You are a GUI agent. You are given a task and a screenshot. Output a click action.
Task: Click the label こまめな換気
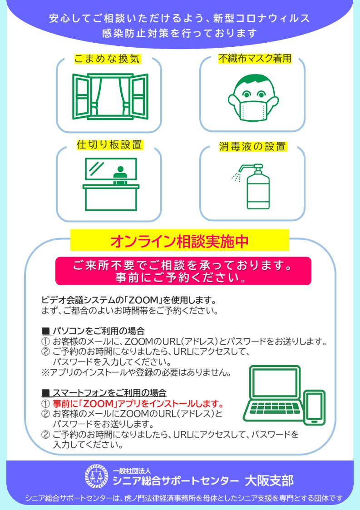(x=107, y=59)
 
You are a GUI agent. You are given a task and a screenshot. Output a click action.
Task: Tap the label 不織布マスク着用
(x=255, y=58)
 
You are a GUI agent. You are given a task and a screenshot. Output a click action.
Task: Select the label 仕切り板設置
(x=109, y=144)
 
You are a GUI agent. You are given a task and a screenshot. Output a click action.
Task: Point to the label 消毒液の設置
(x=253, y=146)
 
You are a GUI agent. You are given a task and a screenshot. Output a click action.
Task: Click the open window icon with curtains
(x=110, y=97)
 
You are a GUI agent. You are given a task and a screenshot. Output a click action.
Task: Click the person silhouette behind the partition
(x=120, y=175)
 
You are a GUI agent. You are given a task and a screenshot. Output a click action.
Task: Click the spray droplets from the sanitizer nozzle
(x=236, y=177)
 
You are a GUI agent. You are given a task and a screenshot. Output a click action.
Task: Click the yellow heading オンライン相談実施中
(x=179, y=241)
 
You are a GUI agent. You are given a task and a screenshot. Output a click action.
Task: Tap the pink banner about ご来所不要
(x=183, y=271)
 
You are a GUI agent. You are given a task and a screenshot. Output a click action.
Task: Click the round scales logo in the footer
(x=96, y=476)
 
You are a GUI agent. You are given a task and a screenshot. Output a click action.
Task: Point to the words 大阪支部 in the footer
(x=269, y=480)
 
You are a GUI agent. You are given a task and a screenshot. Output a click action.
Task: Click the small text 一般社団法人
(x=132, y=471)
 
